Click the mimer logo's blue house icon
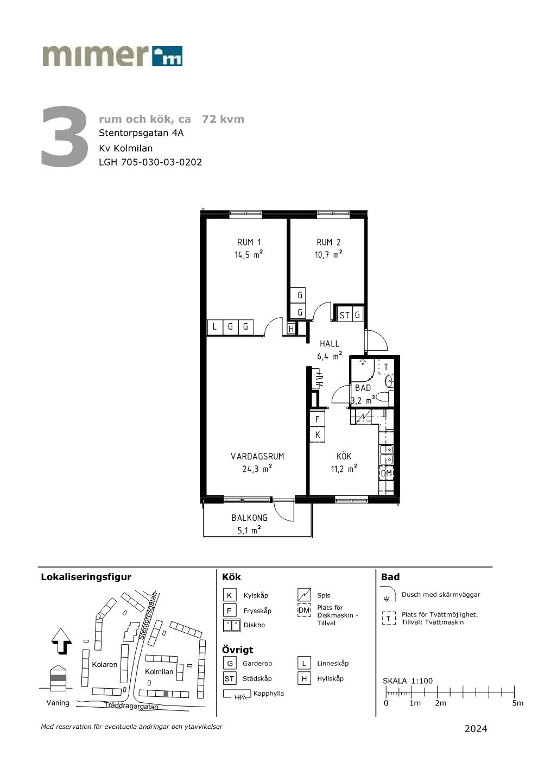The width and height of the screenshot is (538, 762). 167,56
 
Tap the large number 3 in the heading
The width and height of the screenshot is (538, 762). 64,136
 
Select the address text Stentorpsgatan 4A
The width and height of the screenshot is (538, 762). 141,133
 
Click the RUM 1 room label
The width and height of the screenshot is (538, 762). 249,242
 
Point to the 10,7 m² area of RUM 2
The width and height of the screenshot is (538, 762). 328,255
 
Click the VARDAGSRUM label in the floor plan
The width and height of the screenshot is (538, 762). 257,456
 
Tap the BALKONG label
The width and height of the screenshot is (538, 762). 249,518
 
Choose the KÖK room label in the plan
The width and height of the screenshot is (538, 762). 344,456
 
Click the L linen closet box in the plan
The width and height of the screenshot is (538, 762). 214,327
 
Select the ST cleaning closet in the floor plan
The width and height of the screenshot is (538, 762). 344,315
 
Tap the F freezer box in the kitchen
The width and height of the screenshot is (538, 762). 317,419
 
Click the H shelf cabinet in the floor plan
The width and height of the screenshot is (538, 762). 291,329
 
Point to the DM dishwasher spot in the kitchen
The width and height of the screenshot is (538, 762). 387,473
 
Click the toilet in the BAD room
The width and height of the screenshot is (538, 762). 384,398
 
